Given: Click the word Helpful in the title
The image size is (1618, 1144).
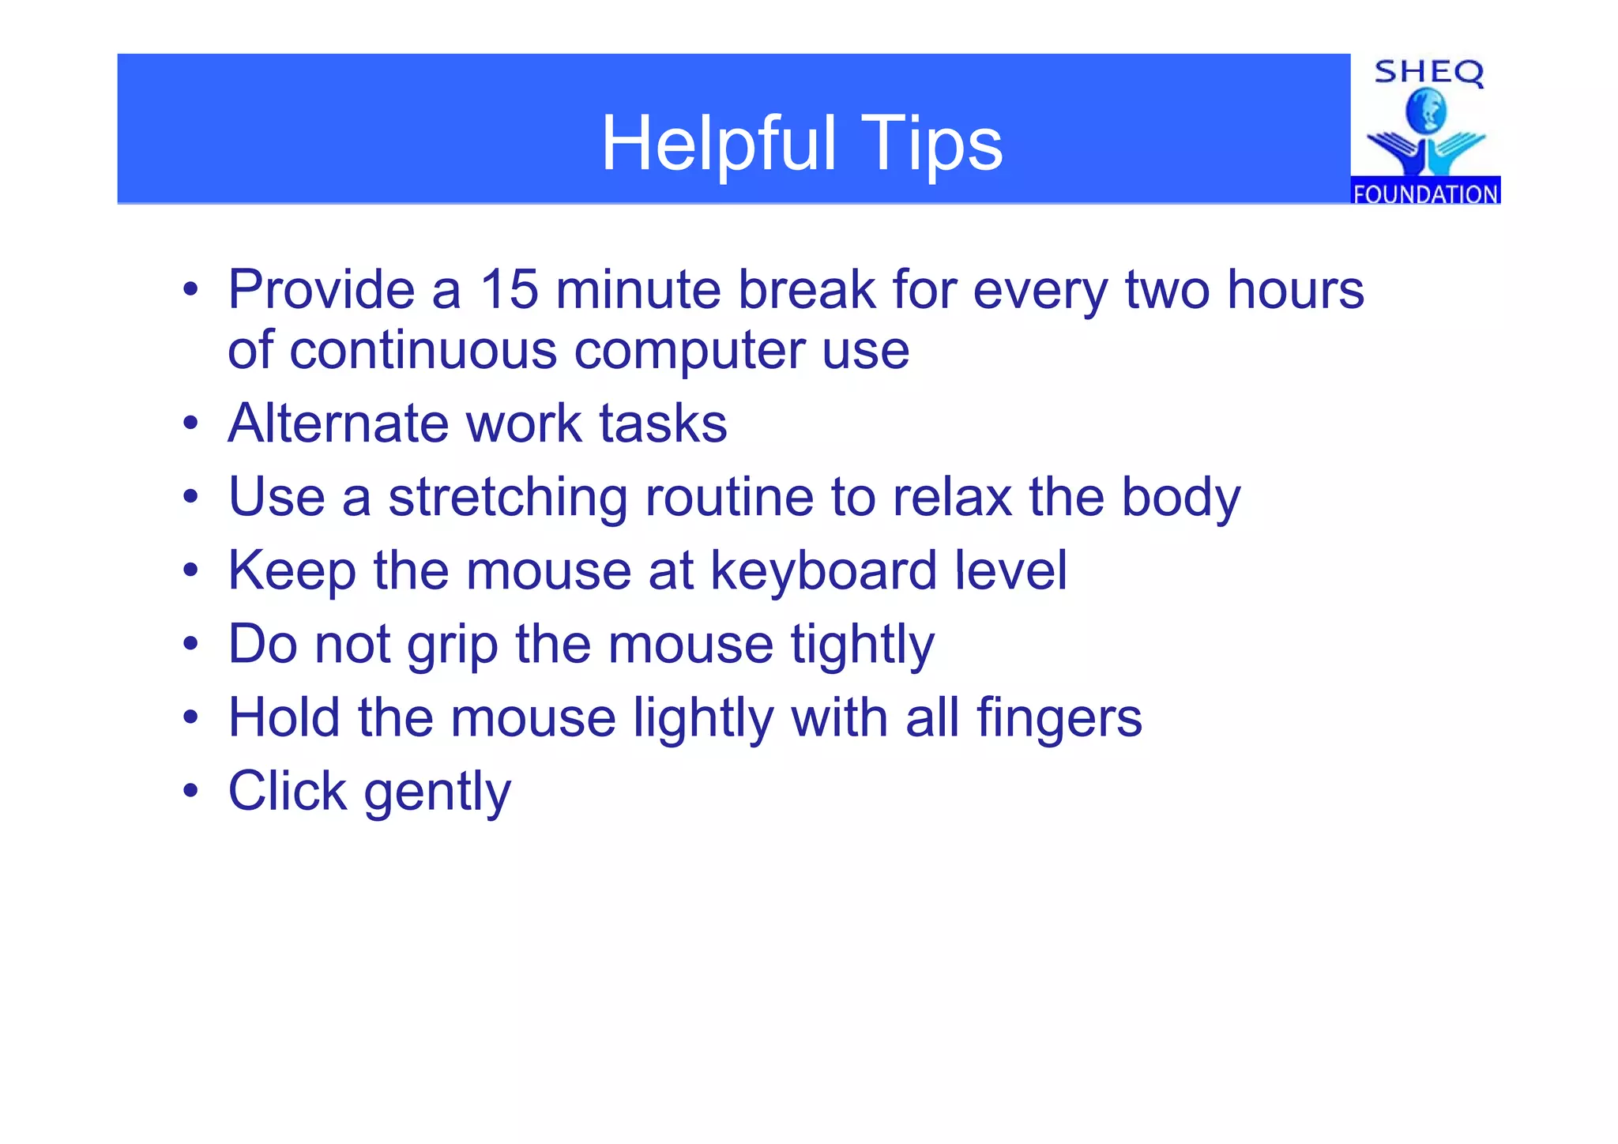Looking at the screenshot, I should tap(718, 144).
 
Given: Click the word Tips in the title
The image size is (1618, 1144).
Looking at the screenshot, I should tap(931, 144).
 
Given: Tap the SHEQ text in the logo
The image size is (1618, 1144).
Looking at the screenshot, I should tap(1428, 73).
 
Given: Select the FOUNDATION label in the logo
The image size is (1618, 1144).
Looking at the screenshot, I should tap(1425, 194).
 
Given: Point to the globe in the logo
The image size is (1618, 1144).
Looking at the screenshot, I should tap(1425, 111).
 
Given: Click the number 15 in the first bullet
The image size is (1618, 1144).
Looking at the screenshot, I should tap(510, 289).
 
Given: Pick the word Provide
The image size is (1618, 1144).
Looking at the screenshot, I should tap(321, 289).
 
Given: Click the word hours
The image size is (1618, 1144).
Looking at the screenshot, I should tap(1296, 289).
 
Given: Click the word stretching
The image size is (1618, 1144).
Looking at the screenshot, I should tap(507, 498).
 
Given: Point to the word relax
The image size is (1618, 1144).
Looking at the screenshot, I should tap(952, 498).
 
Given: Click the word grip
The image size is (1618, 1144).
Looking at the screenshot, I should tap(452, 645).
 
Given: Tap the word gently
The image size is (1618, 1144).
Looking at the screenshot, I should tap(438, 792).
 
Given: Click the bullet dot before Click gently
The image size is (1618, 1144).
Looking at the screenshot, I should tap(190, 791).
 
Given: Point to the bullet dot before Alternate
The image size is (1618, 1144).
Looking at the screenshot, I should tap(190, 423).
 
